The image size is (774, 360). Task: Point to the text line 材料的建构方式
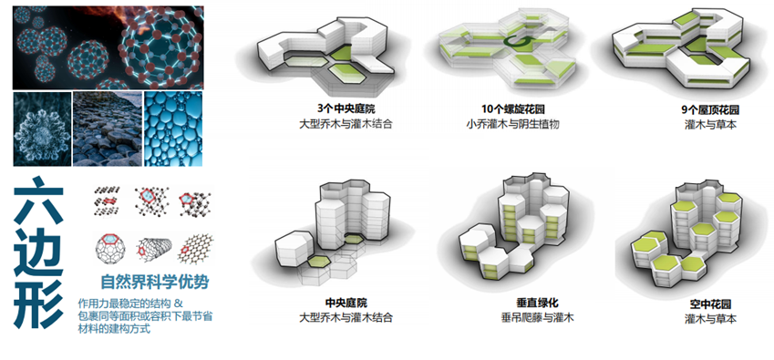click(x=114, y=330)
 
